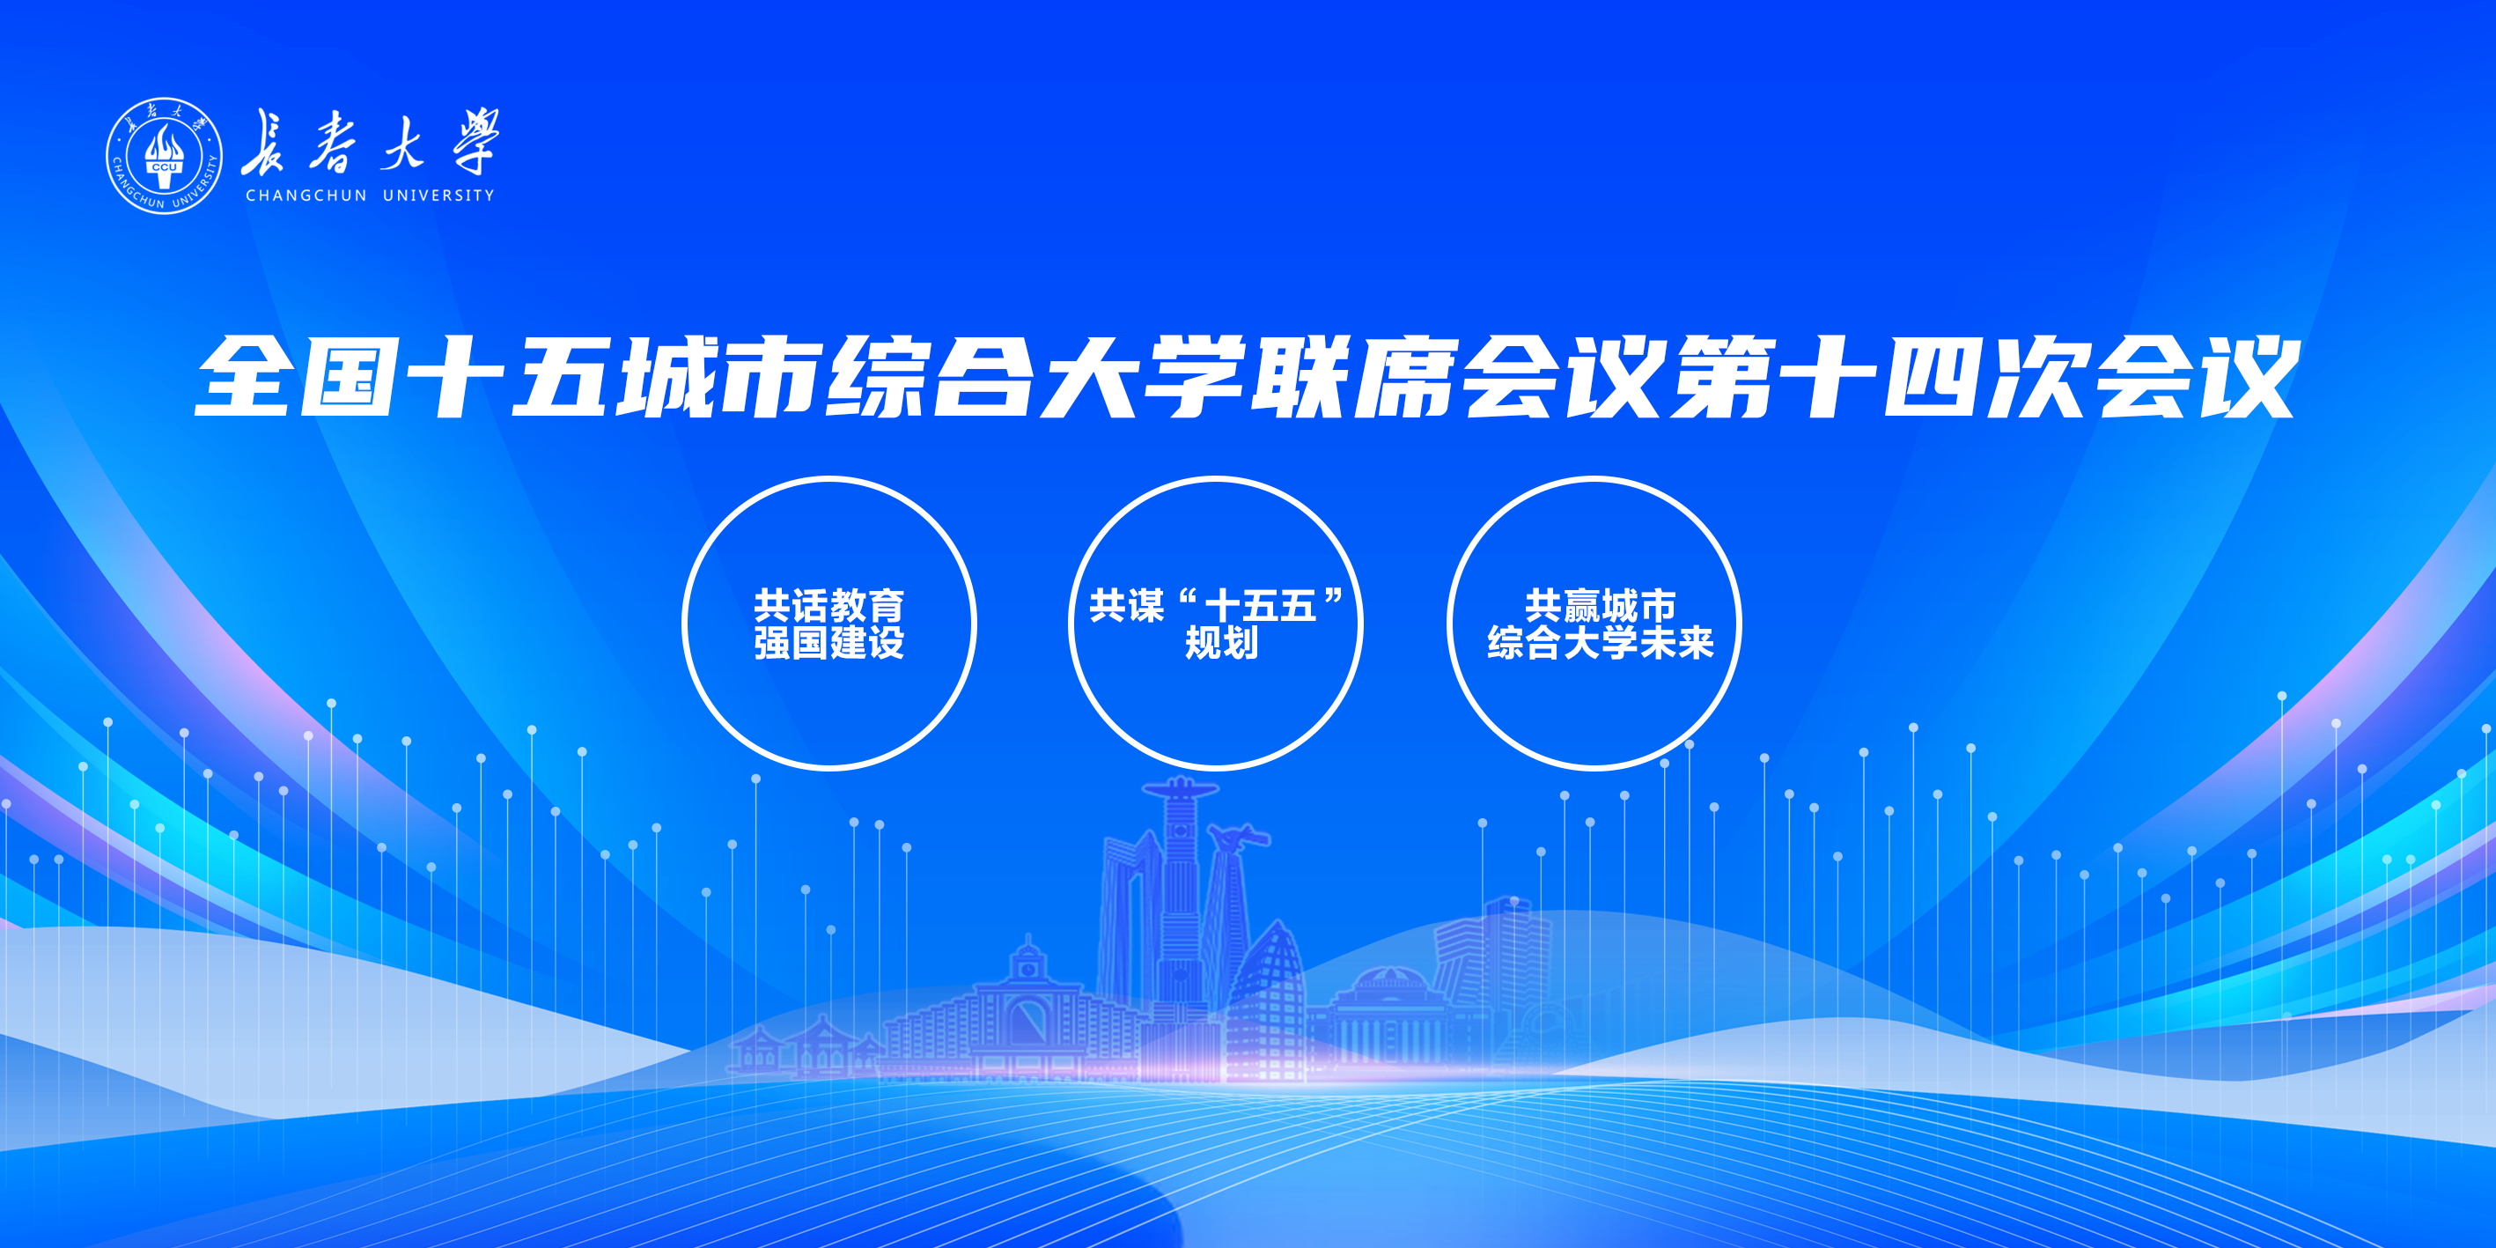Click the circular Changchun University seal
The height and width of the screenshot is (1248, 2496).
pyautogui.click(x=164, y=155)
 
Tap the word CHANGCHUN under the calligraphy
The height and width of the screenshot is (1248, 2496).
pyautogui.click(x=306, y=196)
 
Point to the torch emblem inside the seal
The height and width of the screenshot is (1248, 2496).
pyautogui.click(x=164, y=158)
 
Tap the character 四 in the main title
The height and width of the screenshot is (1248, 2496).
pyautogui.click(x=1930, y=376)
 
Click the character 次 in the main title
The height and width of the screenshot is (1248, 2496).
pyautogui.click(x=2035, y=376)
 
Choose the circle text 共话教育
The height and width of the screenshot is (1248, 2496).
pyautogui.click(x=828, y=607)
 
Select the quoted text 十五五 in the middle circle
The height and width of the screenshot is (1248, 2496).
pyautogui.click(x=1260, y=607)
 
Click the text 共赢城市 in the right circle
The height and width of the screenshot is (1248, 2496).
pyautogui.click(x=1601, y=607)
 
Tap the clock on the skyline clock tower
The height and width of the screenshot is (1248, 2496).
pyautogui.click(x=1027, y=967)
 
